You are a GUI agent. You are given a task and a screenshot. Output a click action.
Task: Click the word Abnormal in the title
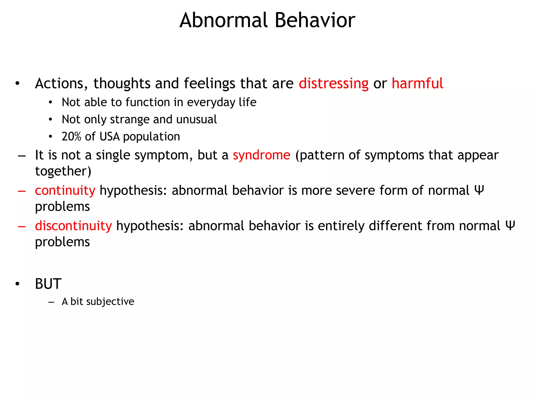(x=224, y=20)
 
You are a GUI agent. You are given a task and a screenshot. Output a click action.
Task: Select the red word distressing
(x=333, y=84)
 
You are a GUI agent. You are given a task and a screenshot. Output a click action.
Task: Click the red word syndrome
(x=261, y=155)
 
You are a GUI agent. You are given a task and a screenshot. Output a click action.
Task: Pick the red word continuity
(x=65, y=191)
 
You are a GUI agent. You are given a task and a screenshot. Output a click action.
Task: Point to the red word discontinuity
(x=73, y=226)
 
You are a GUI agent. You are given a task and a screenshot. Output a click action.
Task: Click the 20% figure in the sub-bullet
(x=71, y=137)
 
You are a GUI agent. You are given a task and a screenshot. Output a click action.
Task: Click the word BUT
(x=48, y=284)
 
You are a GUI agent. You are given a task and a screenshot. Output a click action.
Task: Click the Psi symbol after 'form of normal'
(x=479, y=190)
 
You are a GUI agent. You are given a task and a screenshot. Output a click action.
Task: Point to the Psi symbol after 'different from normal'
(x=510, y=226)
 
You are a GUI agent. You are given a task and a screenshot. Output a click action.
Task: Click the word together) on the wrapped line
(x=63, y=171)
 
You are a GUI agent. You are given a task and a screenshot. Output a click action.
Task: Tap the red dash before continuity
(x=22, y=191)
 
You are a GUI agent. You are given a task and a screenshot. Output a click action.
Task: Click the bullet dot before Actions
(x=17, y=84)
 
